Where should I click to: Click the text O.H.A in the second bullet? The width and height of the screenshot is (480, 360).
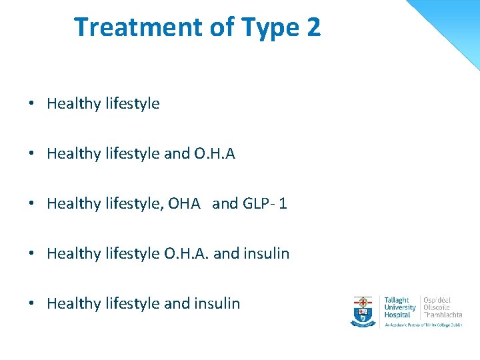[x=215, y=154]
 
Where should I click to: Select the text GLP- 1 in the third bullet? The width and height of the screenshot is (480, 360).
[x=265, y=203]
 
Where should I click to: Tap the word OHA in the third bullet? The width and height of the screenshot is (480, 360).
[x=185, y=203]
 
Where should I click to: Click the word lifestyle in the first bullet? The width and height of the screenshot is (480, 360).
[x=132, y=104]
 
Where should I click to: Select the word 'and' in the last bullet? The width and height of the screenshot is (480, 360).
[x=177, y=303]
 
